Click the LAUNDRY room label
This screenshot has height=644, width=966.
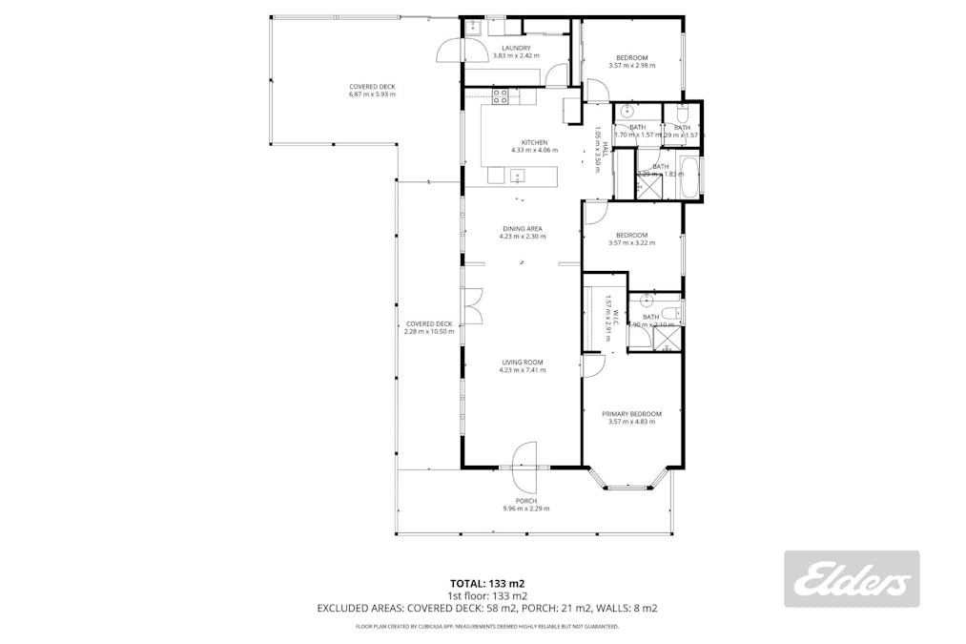pyautogui.click(x=516, y=48)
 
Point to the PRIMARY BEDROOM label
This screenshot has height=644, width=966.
pyautogui.click(x=631, y=414)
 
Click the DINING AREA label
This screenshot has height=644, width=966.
pyautogui.click(x=523, y=229)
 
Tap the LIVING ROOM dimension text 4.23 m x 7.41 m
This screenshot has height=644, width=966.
pyautogui.click(x=523, y=370)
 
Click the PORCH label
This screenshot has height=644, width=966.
pyautogui.click(x=525, y=501)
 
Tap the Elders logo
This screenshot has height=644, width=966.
pyautogui.click(x=852, y=579)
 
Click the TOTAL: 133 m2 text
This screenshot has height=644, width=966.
pyautogui.click(x=487, y=583)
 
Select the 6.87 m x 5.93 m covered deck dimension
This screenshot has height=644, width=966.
pyautogui.click(x=372, y=94)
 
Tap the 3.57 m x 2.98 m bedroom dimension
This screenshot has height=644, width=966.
pyautogui.click(x=631, y=66)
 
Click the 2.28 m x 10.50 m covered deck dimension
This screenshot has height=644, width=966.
pyautogui.click(x=428, y=332)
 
